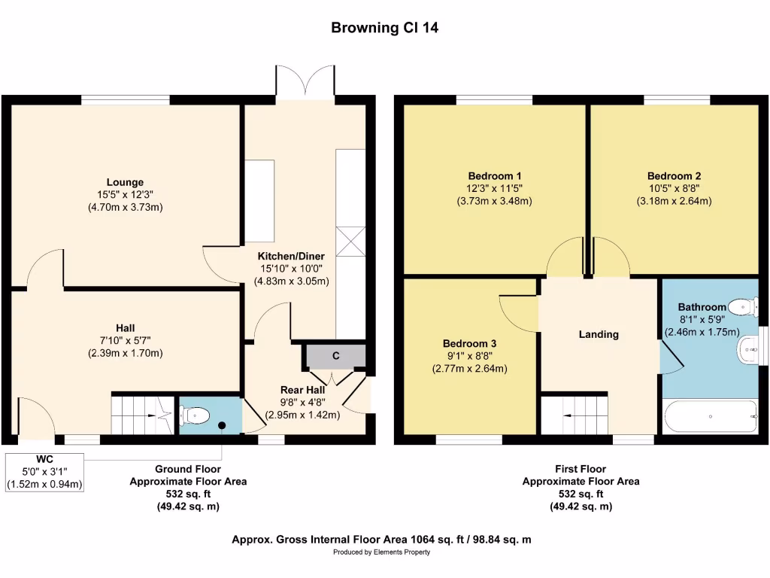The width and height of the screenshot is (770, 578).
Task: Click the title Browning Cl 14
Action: point(384,28)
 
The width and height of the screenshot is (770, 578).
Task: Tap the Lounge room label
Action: point(126,182)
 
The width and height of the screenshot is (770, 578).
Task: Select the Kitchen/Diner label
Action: point(291,256)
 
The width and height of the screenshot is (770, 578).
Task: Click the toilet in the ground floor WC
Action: point(195,415)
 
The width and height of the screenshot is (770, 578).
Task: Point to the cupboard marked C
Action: point(336,356)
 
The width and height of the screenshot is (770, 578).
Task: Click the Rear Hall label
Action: point(302,390)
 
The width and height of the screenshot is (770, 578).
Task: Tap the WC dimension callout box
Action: point(44,473)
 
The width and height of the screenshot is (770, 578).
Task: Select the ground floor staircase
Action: point(142,415)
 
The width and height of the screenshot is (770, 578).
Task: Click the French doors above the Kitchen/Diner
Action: point(305,80)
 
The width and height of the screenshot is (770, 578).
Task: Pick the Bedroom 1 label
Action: point(495,176)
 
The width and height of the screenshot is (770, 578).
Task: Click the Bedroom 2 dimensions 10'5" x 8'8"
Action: point(675,188)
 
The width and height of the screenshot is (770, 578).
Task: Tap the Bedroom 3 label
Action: point(469,343)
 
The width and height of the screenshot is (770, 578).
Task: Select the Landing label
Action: point(599,334)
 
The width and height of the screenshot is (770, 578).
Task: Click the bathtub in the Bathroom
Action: point(710,416)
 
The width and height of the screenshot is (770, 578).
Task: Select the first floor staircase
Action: point(574,415)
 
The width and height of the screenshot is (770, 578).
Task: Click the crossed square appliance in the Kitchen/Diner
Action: point(350,242)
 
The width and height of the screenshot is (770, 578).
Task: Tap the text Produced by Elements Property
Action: point(381,552)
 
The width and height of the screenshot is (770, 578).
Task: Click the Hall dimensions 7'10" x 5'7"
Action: point(126,341)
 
